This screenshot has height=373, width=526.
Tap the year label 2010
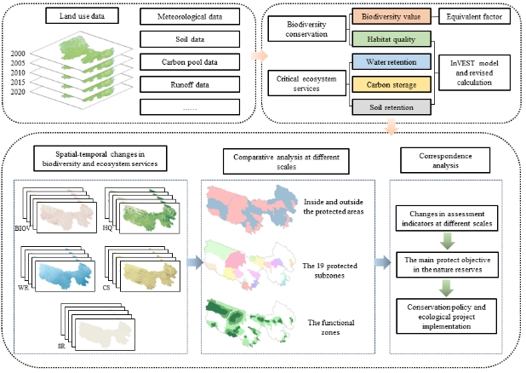click(19, 73)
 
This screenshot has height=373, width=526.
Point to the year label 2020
click(19, 94)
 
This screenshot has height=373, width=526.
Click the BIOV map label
click(21, 229)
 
